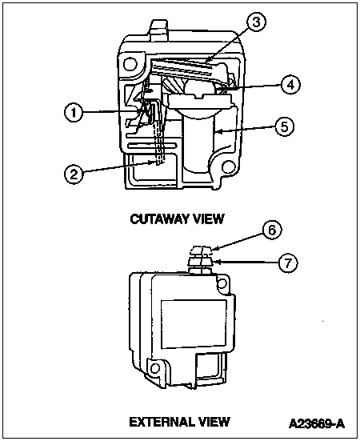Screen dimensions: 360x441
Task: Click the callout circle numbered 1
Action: (74, 113)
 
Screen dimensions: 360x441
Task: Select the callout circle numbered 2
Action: (74, 174)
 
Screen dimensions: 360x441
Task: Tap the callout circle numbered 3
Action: (256, 22)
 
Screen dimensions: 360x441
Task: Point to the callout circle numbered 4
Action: (290, 84)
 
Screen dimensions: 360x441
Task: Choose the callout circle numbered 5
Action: (285, 126)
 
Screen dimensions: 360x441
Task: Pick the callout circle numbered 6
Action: (272, 230)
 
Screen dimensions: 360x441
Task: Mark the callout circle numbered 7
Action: (288, 263)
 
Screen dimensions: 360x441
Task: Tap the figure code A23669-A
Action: (317, 423)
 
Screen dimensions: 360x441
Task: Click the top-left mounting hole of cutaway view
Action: (130, 64)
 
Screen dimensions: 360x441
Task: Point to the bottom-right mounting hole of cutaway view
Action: (228, 167)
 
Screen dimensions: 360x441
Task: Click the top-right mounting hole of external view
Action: (222, 283)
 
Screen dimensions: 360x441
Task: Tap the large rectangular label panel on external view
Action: (194, 323)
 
